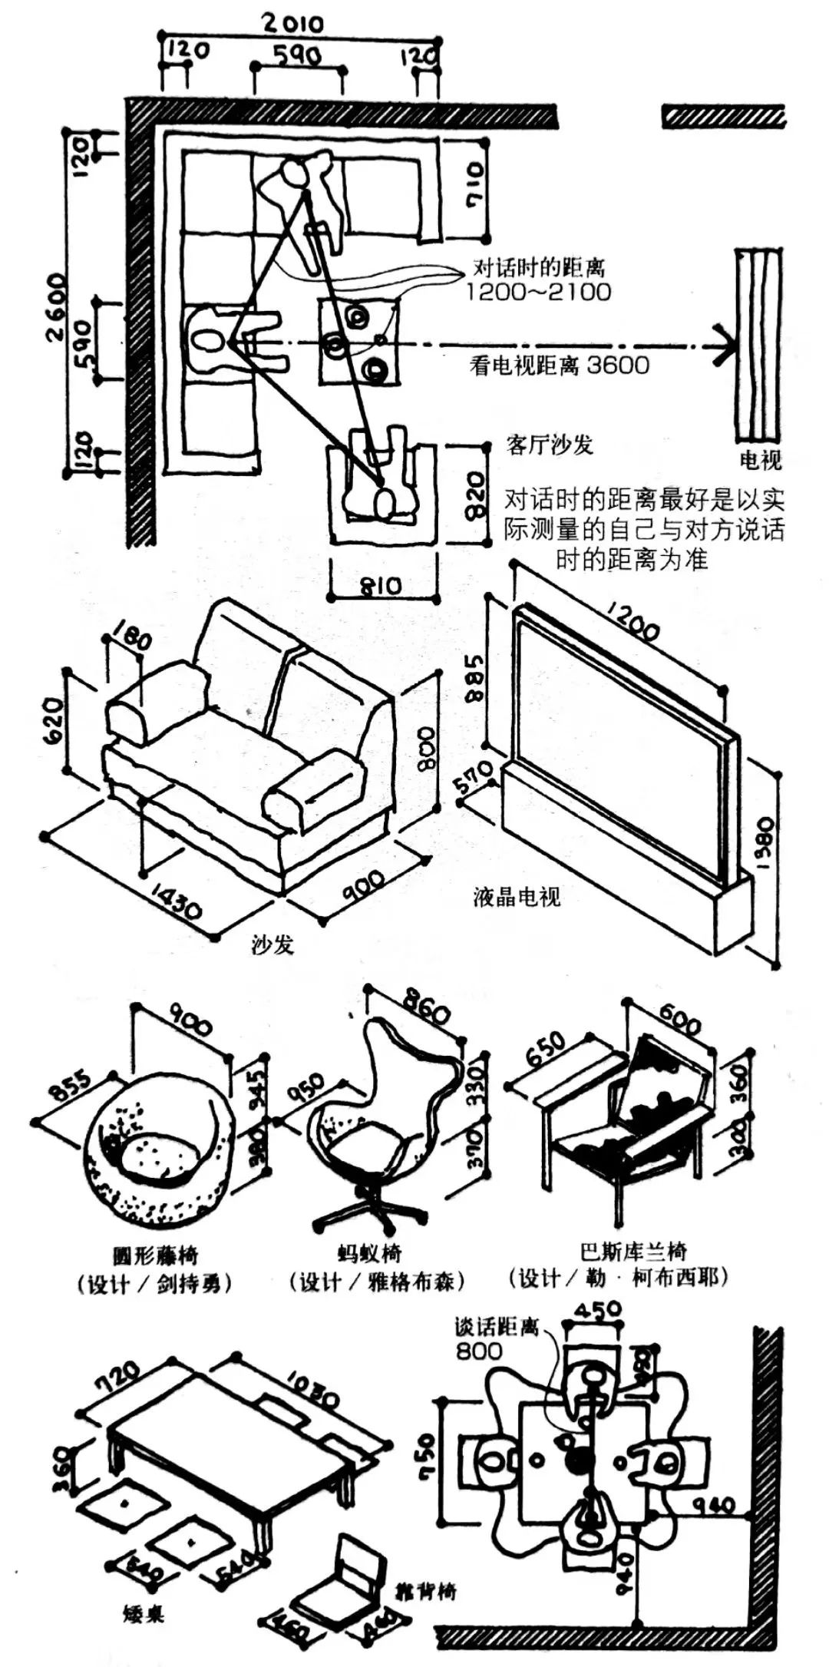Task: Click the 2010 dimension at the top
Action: point(294,24)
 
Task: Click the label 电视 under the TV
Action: point(760,461)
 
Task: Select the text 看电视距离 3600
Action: point(560,365)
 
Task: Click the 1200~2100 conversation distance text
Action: point(539,292)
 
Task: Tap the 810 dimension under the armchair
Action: point(381,587)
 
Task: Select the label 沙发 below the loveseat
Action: point(273,944)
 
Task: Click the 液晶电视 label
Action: point(517,896)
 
